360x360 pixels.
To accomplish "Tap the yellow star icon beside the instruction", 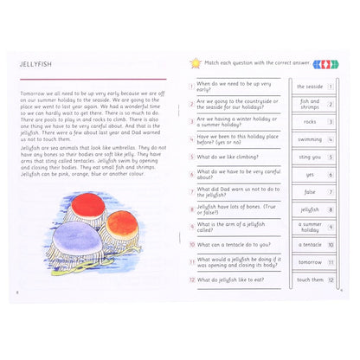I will (195, 63).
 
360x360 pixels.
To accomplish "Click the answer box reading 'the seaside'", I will (309, 87).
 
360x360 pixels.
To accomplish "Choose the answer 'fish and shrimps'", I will (309, 105).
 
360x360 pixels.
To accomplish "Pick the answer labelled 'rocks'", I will (309, 122).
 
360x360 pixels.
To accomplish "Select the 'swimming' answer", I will (309, 139).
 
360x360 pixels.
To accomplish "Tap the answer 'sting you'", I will (309, 157).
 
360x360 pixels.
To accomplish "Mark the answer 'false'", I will (309, 192).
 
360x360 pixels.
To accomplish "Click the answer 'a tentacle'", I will (309, 245).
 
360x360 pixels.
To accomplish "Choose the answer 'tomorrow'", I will (309, 262).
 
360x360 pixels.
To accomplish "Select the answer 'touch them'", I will (309, 280).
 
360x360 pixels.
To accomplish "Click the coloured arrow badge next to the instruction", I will (325, 63).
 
